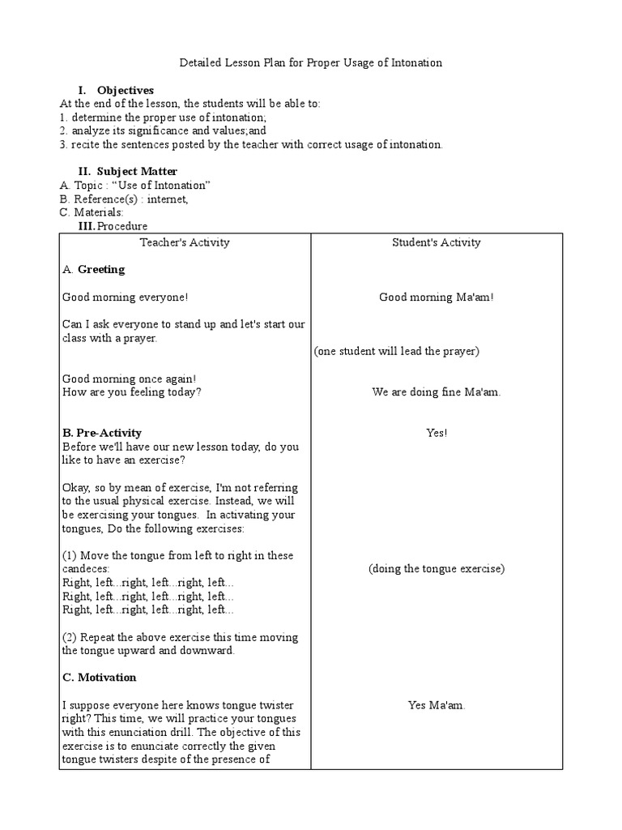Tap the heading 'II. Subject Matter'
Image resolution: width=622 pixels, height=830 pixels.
click(x=127, y=171)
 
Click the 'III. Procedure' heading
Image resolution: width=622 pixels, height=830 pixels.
click(x=113, y=226)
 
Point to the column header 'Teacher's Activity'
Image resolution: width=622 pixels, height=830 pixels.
click(x=185, y=242)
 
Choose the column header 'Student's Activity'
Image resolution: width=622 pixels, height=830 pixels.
click(x=436, y=242)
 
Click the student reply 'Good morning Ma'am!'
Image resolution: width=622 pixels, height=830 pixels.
click(x=436, y=297)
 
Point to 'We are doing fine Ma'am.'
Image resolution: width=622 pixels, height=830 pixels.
click(x=436, y=392)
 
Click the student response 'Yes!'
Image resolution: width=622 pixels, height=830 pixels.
click(x=437, y=433)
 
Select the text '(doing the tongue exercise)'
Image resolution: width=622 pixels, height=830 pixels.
click(x=436, y=569)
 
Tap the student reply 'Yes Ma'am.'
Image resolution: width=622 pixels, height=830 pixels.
click(x=437, y=705)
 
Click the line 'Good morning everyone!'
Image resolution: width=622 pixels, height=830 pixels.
click(x=126, y=297)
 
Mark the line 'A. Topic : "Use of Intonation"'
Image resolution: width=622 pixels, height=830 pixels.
click(x=135, y=185)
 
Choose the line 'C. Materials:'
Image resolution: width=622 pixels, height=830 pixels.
click(x=92, y=212)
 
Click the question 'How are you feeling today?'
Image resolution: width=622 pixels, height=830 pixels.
click(x=132, y=392)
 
